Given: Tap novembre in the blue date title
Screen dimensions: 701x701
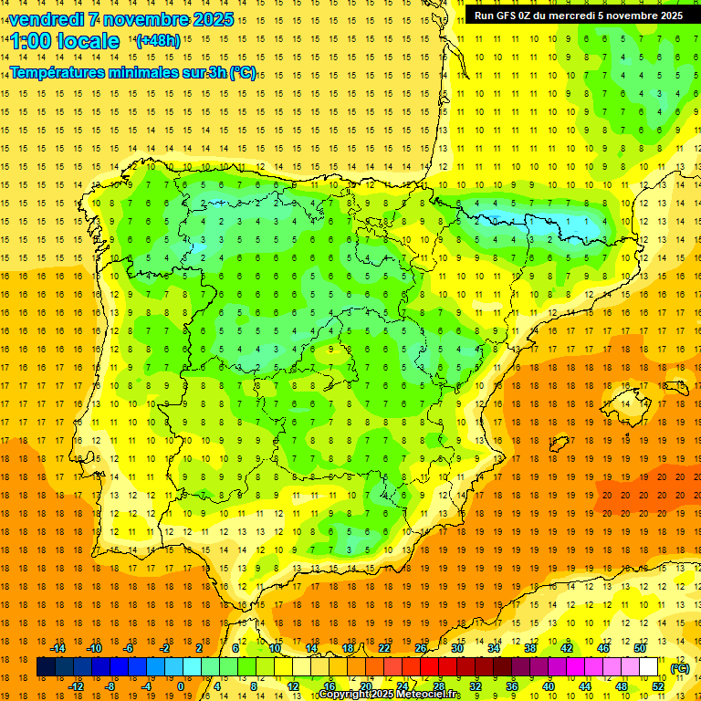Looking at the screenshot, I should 140,19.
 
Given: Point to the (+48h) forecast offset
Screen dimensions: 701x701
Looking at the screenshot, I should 157,40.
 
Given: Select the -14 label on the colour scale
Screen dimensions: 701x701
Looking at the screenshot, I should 58,648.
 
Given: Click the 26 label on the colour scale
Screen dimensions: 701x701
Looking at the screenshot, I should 421,648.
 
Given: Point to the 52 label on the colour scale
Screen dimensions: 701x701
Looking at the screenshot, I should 658,686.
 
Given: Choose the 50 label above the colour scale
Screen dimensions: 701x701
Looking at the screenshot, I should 640,648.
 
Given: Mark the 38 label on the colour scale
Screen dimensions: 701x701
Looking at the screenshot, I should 530,648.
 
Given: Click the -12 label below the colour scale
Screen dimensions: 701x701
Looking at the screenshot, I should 76,686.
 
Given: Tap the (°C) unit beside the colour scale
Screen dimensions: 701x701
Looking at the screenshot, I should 680,668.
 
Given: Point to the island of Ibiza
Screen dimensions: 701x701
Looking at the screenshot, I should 558,445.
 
